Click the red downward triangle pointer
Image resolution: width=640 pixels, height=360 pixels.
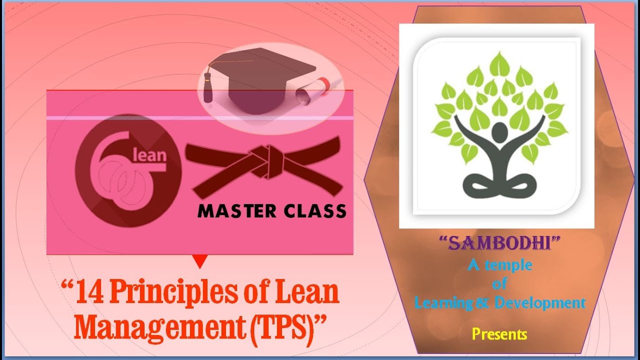coord(200,261)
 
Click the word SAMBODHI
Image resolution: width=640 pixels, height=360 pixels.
coord(499,243)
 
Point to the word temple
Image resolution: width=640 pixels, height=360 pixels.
coord(508,265)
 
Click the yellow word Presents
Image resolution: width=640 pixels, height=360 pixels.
coord(499,333)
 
